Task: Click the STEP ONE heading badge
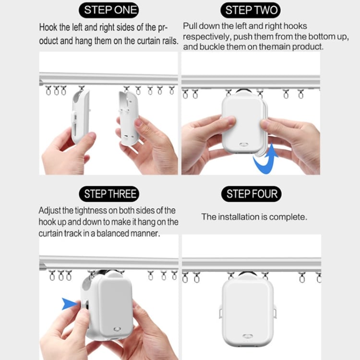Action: pyautogui.click(x=111, y=10)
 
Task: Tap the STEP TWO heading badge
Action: pyautogui.click(x=252, y=10)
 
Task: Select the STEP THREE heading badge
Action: pyautogui.click(x=111, y=194)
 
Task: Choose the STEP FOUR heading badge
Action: pyautogui.click(x=252, y=194)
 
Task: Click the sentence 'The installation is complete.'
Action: pyautogui.click(x=254, y=217)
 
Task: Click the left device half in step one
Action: pyautogui.click(x=80, y=117)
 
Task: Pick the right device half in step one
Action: pyautogui.click(x=128, y=118)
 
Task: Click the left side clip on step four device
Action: pyautogui.click(x=221, y=312)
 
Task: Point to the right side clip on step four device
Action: pyautogui.click(x=276, y=312)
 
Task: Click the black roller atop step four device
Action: pyautogui.click(x=248, y=275)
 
